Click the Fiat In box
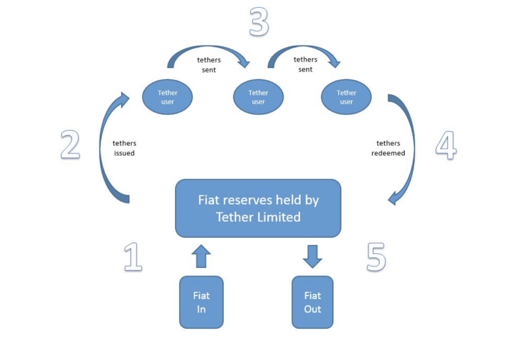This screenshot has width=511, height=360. click(x=201, y=302)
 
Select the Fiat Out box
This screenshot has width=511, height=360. click(x=312, y=302)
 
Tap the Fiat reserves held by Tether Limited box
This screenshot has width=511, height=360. click(x=258, y=208)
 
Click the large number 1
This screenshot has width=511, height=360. click(x=133, y=257)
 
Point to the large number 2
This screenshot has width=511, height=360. click(x=70, y=145)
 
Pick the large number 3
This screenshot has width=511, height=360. click(x=258, y=22)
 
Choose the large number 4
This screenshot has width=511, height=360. click(x=446, y=146)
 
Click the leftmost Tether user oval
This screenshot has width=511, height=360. click(x=168, y=97)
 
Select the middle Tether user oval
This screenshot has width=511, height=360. click(x=258, y=97)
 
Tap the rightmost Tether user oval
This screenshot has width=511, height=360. click(x=346, y=97)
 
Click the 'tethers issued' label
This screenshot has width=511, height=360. click(x=124, y=149)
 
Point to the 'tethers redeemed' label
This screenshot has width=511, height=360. click(x=388, y=149)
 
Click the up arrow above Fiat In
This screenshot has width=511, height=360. click(x=201, y=257)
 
